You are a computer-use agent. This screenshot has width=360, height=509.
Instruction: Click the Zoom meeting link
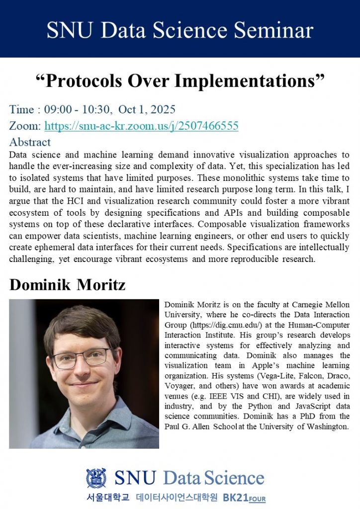click(x=141, y=126)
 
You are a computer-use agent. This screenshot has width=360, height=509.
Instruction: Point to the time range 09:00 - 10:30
click(x=72, y=109)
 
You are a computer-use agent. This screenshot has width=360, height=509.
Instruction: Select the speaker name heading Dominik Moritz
click(x=67, y=285)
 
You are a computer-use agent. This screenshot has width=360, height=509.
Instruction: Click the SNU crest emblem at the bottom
click(x=96, y=478)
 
